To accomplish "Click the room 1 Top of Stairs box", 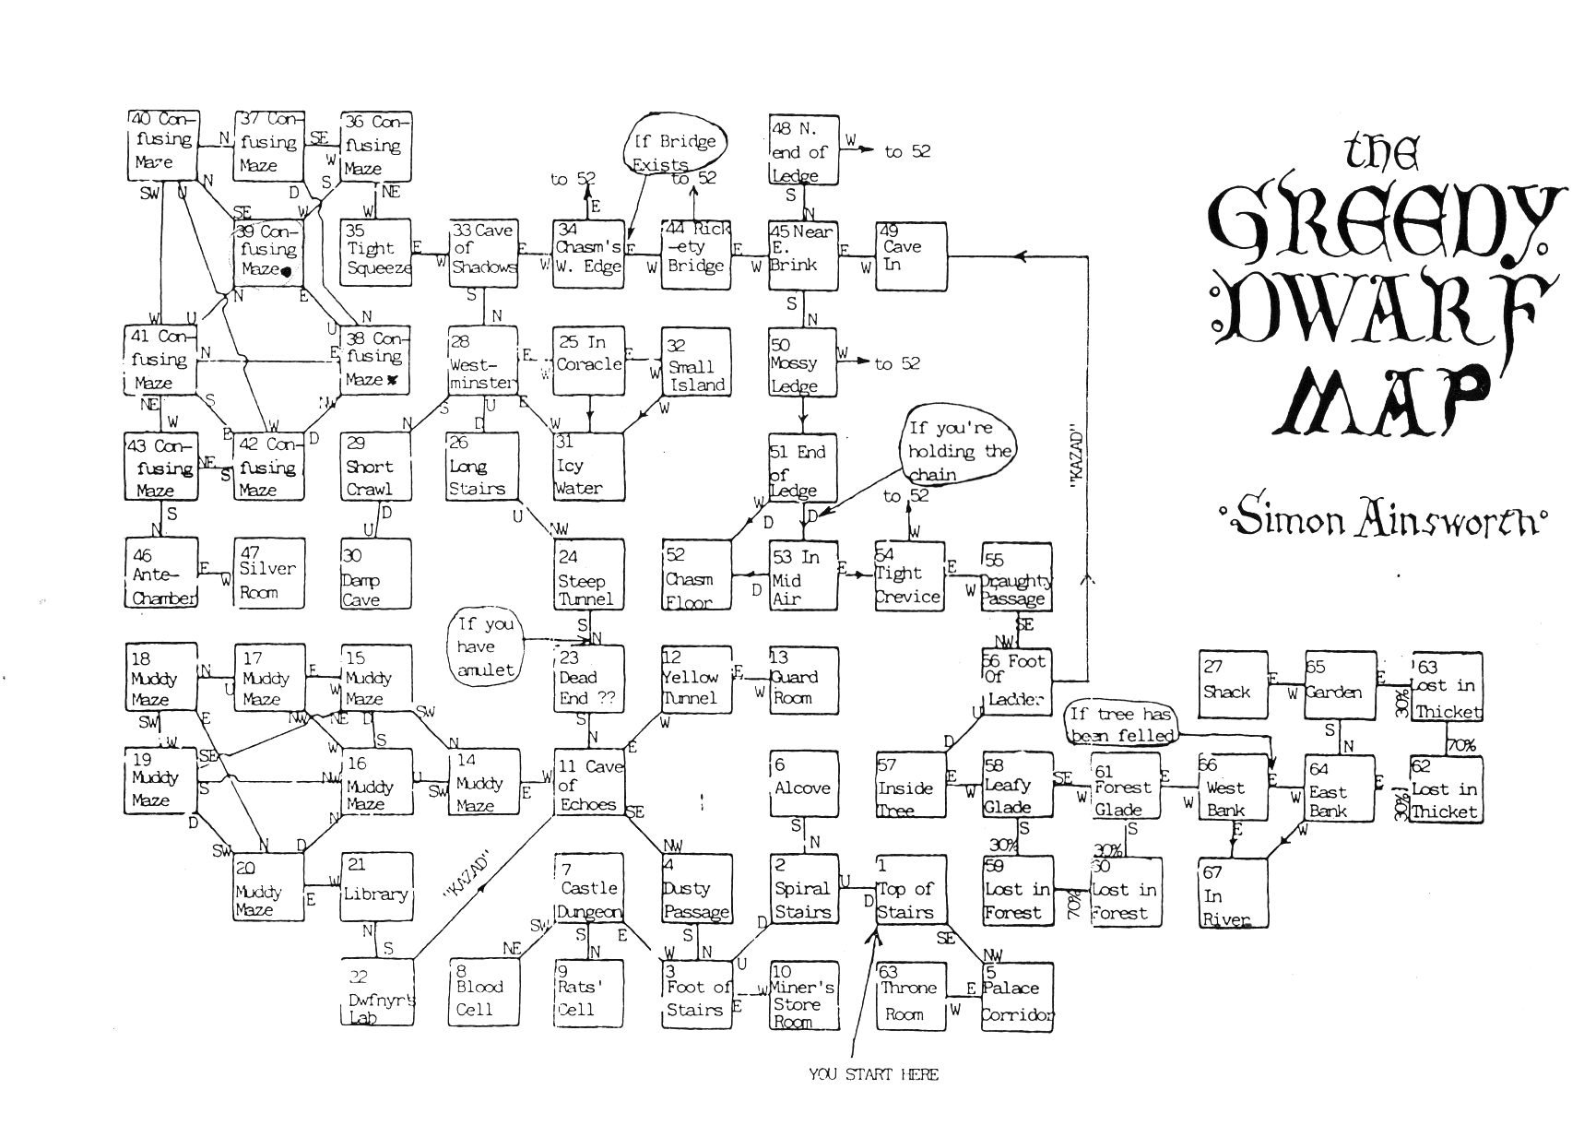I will click(x=910, y=890).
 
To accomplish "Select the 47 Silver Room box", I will click(x=268, y=573).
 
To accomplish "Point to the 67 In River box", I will click(x=1233, y=893).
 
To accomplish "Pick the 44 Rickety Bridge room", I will click(x=696, y=254).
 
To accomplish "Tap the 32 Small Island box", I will click(x=696, y=362).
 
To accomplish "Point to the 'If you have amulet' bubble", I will click(x=486, y=647).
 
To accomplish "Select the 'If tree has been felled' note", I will click(x=1120, y=725).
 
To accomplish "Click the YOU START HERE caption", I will click(x=873, y=1074).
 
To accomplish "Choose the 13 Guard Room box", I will click(x=804, y=680).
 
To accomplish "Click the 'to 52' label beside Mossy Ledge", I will click(x=896, y=364).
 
